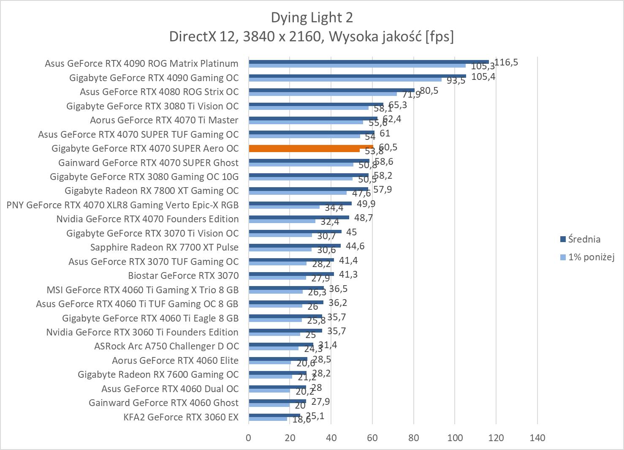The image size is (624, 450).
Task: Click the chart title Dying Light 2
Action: pyautogui.click(x=312, y=17)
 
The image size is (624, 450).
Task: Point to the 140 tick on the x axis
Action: pyautogui.click(x=537, y=437)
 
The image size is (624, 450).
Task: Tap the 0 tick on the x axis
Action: pyautogui.click(x=249, y=437)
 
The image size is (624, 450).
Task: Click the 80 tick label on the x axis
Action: pyautogui.click(x=414, y=437)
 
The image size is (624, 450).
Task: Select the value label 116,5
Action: pyautogui.click(x=506, y=63)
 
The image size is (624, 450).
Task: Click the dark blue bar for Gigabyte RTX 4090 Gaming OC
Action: pyautogui.click(x=357, y=76)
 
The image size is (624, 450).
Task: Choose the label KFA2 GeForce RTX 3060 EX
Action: pyautogui.click(x=181, y=417)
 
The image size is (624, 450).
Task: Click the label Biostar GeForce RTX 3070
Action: pyautogui.click(x=183, y=275)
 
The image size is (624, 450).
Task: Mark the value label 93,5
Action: pyautogui.click(x=456, y=81)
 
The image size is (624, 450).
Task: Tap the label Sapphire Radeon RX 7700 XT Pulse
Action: pyautogui.click(x=164, y=247)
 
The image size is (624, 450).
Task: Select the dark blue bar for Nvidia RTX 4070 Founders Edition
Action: pyautogui.click(x=299, y=217)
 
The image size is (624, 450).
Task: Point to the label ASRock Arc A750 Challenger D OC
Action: pyautogui.click(x=166, y=346)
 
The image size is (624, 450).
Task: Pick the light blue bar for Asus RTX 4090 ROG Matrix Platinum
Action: pyautogui.click(x=357, y=65)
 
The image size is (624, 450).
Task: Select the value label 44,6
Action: pyautogui.click(x=355, y=246)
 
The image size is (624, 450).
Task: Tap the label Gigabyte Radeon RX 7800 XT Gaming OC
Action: pyautogui.click(x=152, y=191)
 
